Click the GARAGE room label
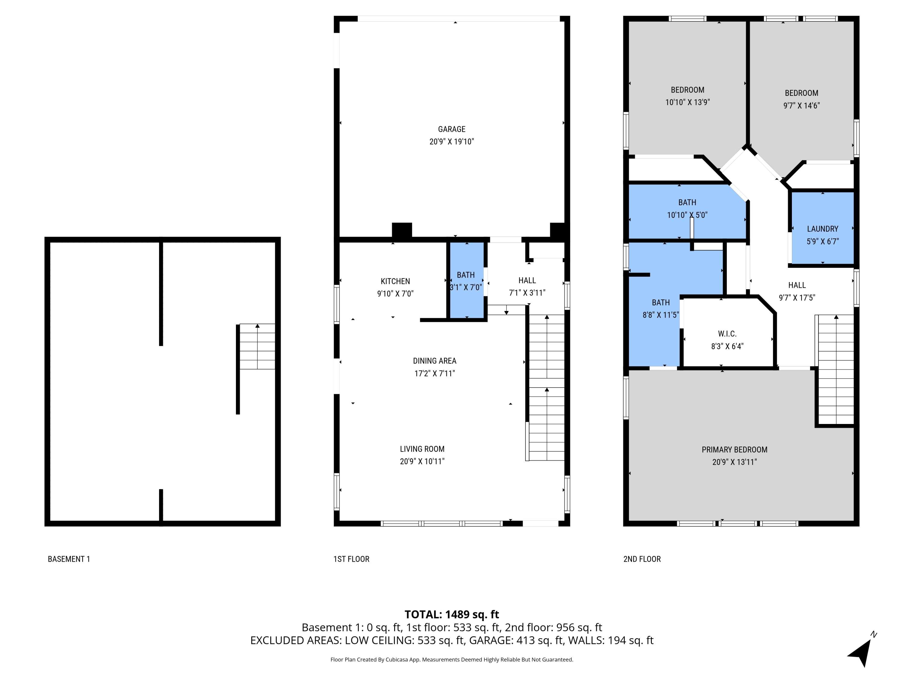coord(452,129)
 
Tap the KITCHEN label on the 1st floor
coord(395,281)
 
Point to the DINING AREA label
coord(435,361)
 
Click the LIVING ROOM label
coord(422,449)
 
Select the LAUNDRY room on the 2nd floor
coord(822,229)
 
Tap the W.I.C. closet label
coord(727,334)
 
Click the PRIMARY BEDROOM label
coord(734,450)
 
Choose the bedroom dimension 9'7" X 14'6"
coord(802,105)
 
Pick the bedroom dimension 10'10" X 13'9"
coord(687,102)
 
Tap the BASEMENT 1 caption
coord(69,559)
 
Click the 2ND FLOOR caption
coord(642,559)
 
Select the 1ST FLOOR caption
coord(351,559)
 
